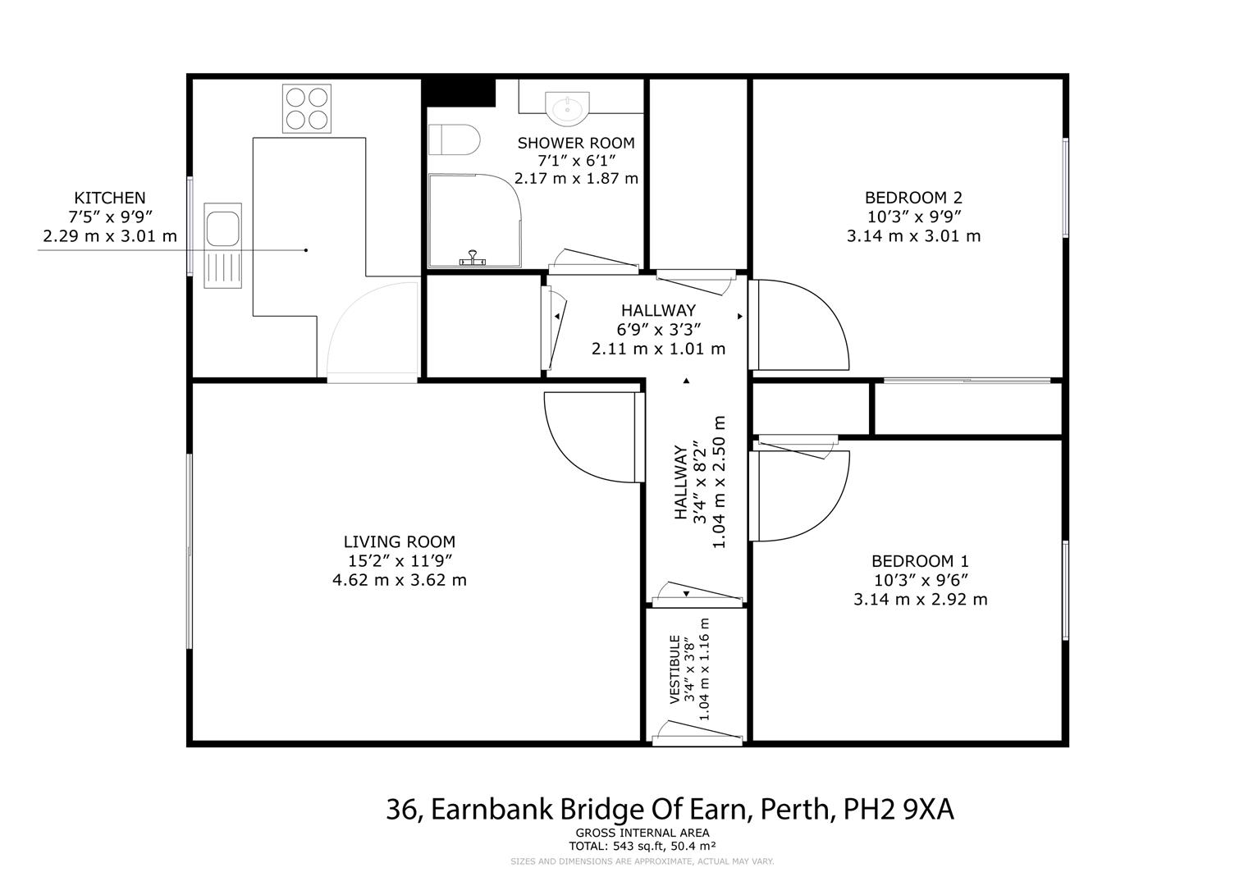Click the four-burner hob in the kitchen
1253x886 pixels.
[306, 108]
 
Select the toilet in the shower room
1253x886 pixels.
[454, 139]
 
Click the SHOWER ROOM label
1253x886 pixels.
[575, 143]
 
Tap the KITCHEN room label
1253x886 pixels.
[110, 198]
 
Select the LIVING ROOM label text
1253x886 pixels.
[399, 541]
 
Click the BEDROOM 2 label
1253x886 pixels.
[913, 198]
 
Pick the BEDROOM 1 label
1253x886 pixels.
[920, 561]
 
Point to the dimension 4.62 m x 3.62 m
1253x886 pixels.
[399, 580]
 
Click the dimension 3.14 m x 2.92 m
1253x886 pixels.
[920, 599]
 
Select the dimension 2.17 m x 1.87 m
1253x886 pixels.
[575, 178]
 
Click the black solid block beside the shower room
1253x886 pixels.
[460, 91]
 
